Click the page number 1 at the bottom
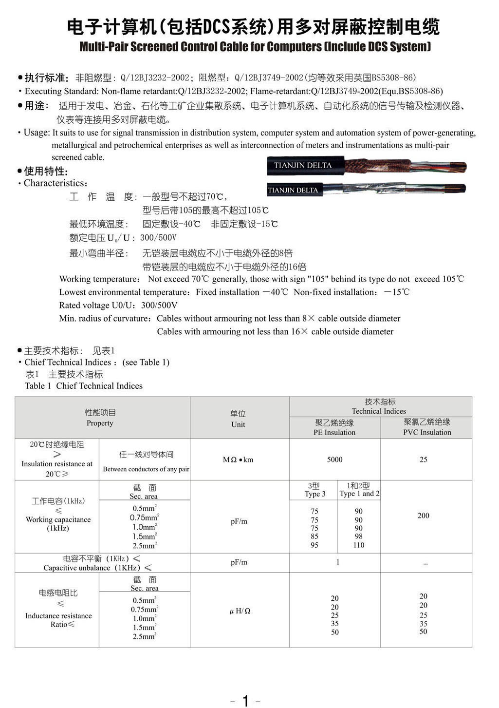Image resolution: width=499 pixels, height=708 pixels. click(x=245, y=701)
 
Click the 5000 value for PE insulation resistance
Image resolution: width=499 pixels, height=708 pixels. click(x=334, y=459)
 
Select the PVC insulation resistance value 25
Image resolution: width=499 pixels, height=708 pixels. click(x=423, y=459)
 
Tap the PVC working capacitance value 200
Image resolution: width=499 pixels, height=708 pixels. click(x=423, y=516)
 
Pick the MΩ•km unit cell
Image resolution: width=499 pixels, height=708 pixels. click(x=238, y=459)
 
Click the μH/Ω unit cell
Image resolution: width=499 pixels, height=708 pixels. click(x=240, y=611)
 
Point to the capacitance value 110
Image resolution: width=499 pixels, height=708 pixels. click(x=359, y=545)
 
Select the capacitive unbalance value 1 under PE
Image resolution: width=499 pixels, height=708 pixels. click(x=337, y=562)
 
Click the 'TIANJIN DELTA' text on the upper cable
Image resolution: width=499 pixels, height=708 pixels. click(x=302, y=166)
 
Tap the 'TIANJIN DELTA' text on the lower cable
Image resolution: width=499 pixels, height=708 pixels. click(x=293, y=190)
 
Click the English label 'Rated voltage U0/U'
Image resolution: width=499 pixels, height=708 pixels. click(x=97, y=306)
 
